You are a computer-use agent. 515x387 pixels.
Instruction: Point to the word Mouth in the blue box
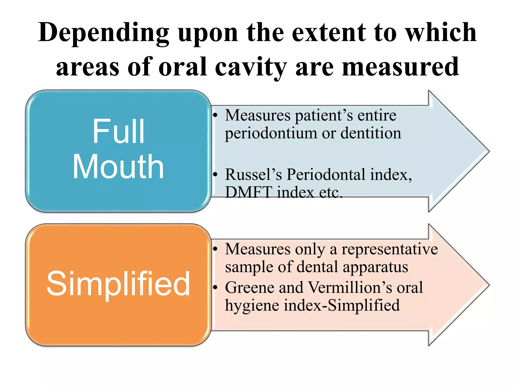(x=118, y=167)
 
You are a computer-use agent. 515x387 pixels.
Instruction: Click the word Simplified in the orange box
(x=118, y=284)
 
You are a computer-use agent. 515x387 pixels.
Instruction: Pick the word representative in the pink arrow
(x=390, y=249)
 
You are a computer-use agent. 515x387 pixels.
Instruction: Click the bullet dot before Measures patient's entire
(x=215, y=115)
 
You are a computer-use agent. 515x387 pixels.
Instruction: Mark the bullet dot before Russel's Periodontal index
(x=215, y=174)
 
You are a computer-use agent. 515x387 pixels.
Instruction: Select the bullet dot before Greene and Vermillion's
(x=215, y=287)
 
